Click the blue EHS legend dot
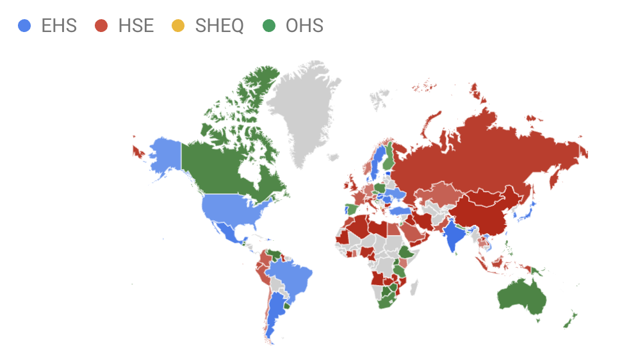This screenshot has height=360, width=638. pos(25,26)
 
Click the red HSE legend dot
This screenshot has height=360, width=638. pos(102,26)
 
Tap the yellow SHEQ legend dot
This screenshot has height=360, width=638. pos(178,26)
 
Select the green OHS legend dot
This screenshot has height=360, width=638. pos(270,26)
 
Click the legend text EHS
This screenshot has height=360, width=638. pos(58,26)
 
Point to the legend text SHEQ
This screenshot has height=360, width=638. pos(219,26)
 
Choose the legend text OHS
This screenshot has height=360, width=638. pos(304,26)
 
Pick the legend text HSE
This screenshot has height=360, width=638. pos(136,26)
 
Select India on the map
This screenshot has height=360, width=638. pos(454,234)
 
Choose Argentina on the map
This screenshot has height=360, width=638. pos(275,314)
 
